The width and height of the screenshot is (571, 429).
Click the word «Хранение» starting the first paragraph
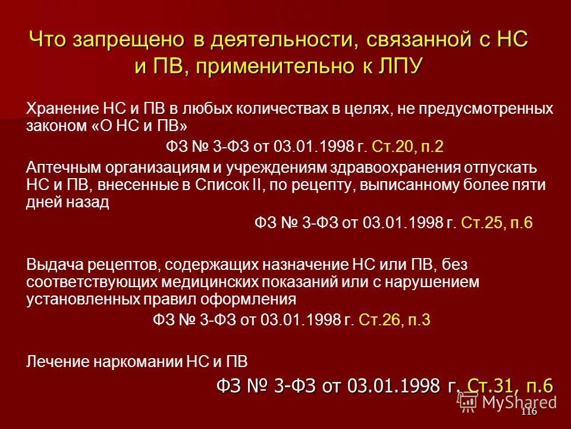point(56,109)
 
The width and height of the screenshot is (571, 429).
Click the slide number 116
point(528,412)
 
